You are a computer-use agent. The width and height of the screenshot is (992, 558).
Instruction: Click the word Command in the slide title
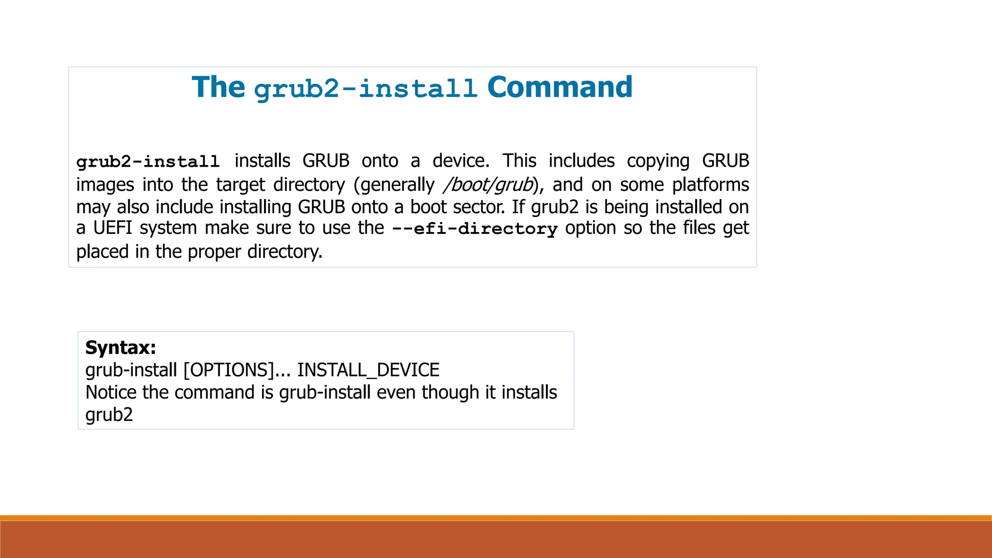point(559,87)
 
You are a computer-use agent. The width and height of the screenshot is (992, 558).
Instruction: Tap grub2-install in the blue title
point(366,89)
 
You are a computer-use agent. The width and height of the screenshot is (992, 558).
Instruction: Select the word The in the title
point(218,87)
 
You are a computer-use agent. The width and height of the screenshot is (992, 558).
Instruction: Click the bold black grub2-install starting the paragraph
point(148,161)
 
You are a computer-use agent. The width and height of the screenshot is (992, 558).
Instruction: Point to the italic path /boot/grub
point(488,185)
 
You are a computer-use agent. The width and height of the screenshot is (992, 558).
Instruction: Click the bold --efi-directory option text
point(475,229)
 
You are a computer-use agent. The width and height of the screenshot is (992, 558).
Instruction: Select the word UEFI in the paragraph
point(112,228)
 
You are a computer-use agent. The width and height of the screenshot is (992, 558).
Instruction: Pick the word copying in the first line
point(658,161)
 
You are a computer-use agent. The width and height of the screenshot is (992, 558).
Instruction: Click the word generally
point(397,185)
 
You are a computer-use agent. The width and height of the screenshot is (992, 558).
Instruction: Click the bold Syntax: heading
point(121,348)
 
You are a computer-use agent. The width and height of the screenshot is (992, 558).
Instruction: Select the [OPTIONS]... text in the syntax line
point(237,370)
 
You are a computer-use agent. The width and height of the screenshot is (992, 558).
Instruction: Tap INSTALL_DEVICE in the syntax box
point(368,370)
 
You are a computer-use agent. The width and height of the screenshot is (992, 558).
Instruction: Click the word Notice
point(111,392)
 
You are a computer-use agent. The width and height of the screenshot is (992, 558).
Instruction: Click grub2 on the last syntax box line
point(109,415)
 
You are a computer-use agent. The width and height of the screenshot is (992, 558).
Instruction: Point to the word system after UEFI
point(168,228)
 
